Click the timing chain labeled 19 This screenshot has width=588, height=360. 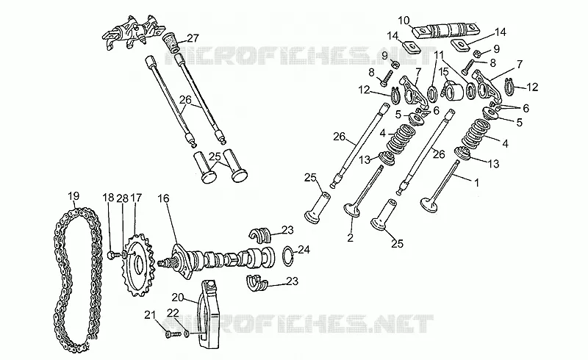60,278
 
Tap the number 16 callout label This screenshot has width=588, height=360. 163,198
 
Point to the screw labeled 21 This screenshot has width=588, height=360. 173,333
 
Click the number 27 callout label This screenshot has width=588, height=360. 193,38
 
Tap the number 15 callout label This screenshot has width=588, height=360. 444,71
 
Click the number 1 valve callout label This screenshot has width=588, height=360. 476,183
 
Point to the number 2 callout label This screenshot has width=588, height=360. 351,238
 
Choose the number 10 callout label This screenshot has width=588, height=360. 404,21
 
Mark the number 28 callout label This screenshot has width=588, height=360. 123,198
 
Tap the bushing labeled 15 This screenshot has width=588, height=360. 453,90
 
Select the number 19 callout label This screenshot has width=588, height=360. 73,195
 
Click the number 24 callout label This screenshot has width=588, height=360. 304,249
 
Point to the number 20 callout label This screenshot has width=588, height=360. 178,298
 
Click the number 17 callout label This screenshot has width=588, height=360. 136,198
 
